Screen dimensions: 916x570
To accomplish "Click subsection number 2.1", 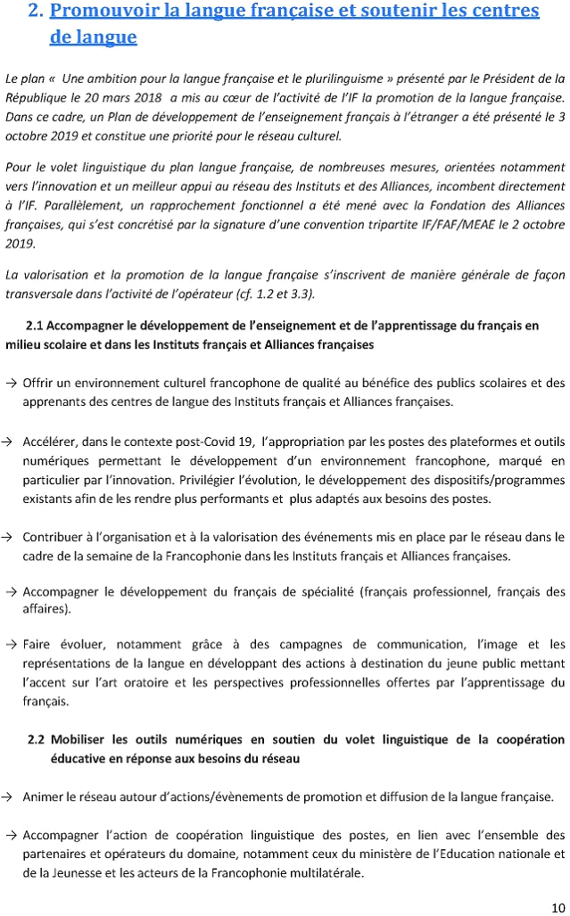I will (x=38, y=326).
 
